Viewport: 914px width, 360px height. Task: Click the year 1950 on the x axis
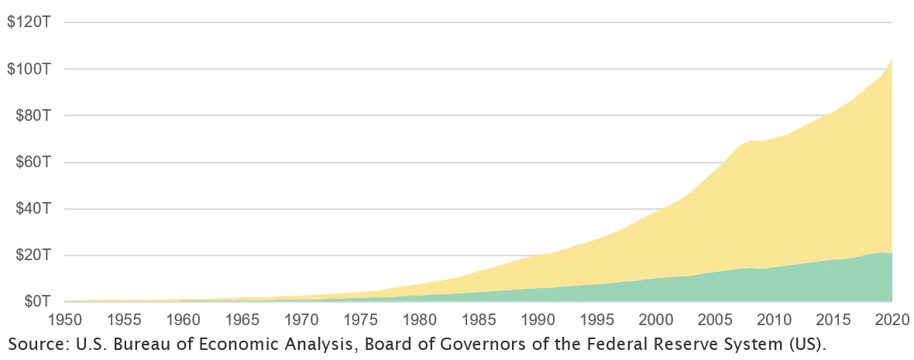(65, 318)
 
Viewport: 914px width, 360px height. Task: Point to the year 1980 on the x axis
(420, 318)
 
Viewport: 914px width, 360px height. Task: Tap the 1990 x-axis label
(538, 318)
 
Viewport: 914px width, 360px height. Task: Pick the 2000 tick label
(656, 318)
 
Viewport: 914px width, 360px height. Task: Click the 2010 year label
(775, 318)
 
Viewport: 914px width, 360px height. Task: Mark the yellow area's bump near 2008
(751, 141)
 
